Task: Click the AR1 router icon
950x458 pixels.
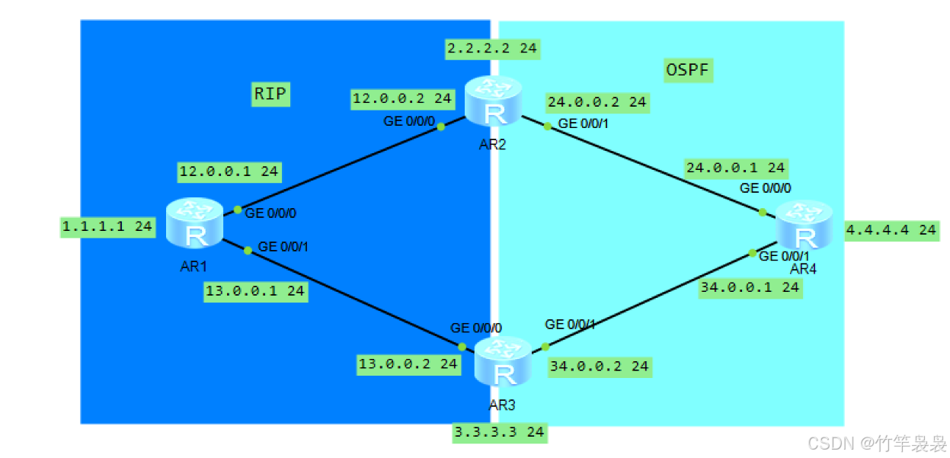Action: point(194,223)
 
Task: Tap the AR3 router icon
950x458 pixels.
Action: point(502,362)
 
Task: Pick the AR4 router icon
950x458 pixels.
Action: point(804,225)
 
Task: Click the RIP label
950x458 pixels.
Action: point(271,94)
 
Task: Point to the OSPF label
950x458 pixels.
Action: point(689,71)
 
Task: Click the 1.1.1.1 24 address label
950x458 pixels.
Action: point(107,226)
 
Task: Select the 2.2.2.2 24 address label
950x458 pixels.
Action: point(492,49)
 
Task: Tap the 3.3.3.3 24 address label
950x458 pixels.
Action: point(499,432)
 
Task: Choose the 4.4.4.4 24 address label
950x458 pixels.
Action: point(891,229)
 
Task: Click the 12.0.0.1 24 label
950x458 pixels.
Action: point(229,171)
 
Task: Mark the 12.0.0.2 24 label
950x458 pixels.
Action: point(401,98)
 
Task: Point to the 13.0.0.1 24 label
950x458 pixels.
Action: point(255,291)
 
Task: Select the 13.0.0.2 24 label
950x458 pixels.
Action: point(409,364)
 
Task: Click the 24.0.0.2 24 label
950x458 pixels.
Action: point(597,101)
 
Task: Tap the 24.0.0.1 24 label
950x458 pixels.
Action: point(735,168)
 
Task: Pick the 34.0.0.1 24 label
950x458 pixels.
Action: point(750,287)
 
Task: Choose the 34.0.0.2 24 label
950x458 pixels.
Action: point(599,367)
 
